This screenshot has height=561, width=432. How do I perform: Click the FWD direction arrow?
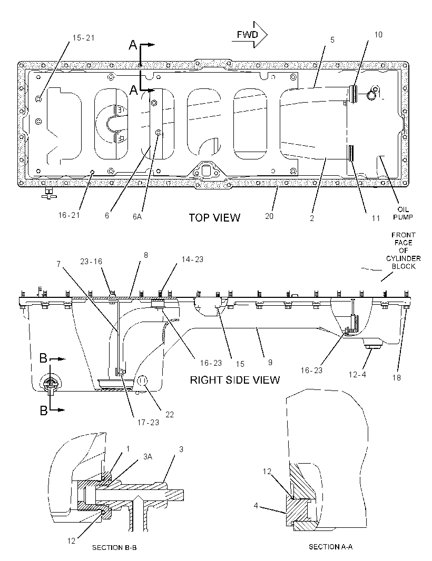click(x=250, y=35)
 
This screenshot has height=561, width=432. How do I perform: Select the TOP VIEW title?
click(x=214, y=217)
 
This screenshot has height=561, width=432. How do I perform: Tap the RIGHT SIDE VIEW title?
click(x=234, y=379)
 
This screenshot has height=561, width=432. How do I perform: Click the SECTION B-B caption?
click(x=114, y=547)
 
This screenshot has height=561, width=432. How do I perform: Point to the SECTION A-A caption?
click(x=331, y=547)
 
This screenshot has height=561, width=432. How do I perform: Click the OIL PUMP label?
click(x=403, y=213)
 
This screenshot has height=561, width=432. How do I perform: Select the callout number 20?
click(x=269, y=216)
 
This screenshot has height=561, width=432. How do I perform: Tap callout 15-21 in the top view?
click(x=83, y=38)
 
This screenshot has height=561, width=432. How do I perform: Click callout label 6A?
click(x=137, y=216)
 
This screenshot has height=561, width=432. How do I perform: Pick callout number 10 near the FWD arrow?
click(x=378, y=35)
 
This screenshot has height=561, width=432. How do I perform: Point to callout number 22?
click(x=170, y=414)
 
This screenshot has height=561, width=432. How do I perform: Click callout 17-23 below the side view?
click(x=148, y=423)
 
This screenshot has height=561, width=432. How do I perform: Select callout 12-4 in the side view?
click(x=357, y=375)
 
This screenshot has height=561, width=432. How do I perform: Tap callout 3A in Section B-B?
click(x=148, y=456)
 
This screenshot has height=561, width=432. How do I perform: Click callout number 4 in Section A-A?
click(x=256, y=506)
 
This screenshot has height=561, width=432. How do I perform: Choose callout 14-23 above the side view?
click(x=192, y=259)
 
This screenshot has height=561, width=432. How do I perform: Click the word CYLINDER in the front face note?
click(x=404, y=258)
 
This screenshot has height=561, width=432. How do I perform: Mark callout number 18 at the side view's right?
click(x=396, y=377)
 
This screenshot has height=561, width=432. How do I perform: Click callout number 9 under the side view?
click(x=270, y=363)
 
